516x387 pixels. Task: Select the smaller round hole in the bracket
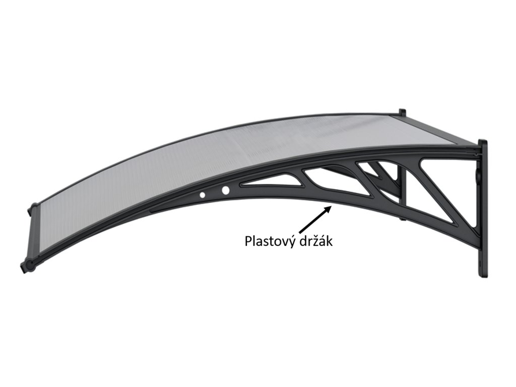point(203,194)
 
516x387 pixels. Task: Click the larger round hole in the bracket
point(225,190)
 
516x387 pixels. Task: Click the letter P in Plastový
point(248,241)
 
